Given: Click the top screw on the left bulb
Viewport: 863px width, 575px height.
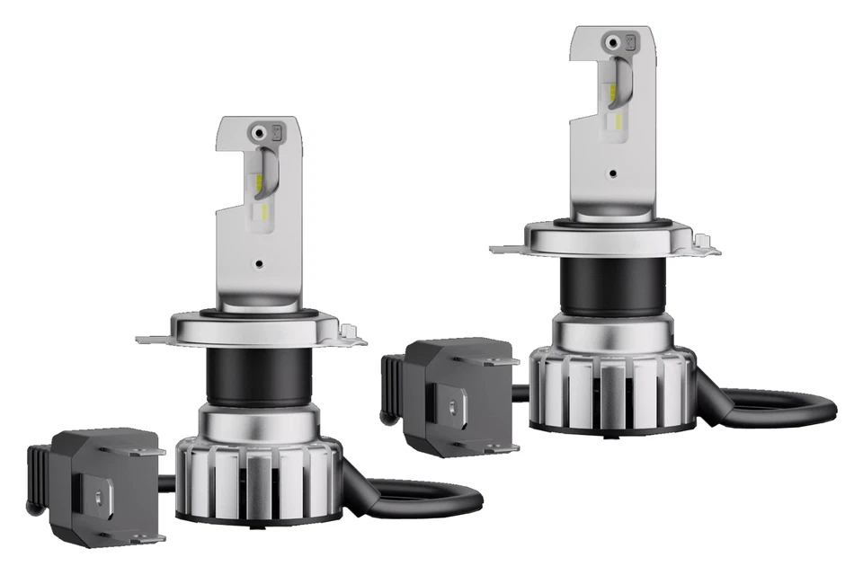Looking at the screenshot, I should pyautogui.click(x=260, y=131).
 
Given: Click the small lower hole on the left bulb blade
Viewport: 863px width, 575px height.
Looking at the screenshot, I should pyautogui.click(x=259, y=265).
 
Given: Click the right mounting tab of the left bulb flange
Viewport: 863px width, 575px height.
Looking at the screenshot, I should pyautogui.click(x=356, y=340).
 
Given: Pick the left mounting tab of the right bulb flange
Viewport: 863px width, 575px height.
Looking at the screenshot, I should pyautogui.click(x=505, y=245).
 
